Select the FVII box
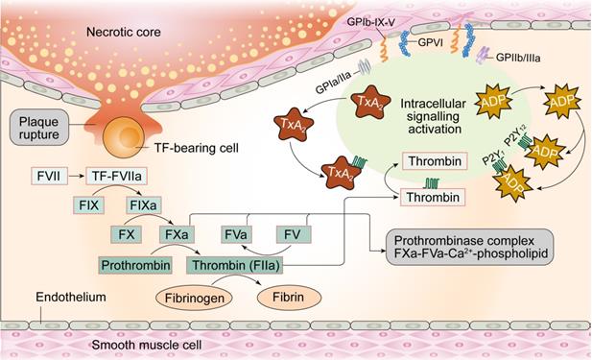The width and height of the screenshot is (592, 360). click(x=45, y=177)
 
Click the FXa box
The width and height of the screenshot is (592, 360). click(x=176, y=234)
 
